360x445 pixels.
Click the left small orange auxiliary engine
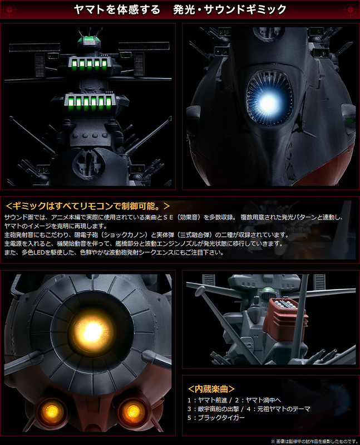click(52, 411)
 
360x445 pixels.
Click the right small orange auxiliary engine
click(132, 411)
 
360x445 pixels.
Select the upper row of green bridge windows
click(89, 65)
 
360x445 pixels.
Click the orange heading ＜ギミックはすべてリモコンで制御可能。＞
click(88, 206)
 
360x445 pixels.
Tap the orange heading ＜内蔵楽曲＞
click(211, 389)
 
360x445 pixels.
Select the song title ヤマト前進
click(213, 400)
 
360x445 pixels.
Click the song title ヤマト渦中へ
click(263, 400)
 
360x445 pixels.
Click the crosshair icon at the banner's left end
click(9, 9)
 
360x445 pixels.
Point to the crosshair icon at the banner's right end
click(351, 9)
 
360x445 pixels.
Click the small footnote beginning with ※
click(314, 441)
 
